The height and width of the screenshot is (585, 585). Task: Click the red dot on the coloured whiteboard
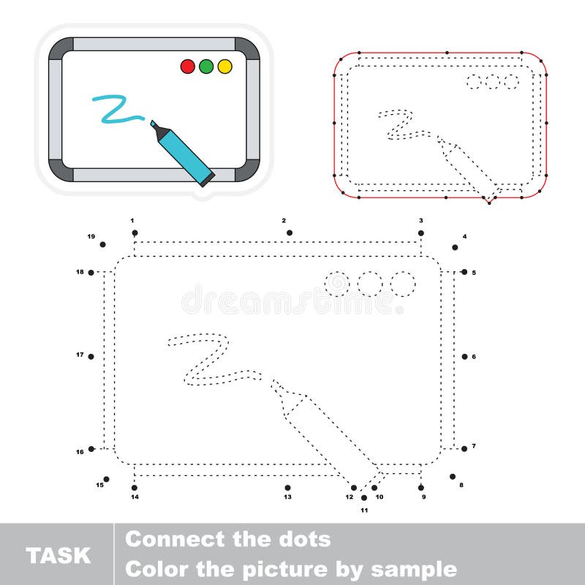point(187,67)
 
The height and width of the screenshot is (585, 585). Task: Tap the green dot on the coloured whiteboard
point(206,67)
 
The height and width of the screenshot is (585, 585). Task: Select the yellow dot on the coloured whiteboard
point(224,67)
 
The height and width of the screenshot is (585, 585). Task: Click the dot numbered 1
point(135,233)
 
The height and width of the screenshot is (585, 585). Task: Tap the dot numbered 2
point(290,233)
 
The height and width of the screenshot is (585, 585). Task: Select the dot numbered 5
point(464,272)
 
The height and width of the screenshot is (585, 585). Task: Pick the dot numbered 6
point(464,356)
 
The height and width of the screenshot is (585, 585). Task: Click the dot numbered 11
point(364,497)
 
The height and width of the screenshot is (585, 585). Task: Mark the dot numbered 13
point(287,487)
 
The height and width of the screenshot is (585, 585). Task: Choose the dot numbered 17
point(91,356)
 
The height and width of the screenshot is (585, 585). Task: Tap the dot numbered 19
point(103,244)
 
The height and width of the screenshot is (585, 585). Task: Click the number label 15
point(99,485)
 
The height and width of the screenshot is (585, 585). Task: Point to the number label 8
point(461,485)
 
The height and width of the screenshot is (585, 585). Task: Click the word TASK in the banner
point(58,555)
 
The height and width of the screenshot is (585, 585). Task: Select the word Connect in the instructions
point(173,540)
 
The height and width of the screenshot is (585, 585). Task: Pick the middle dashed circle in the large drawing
point(370,284)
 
